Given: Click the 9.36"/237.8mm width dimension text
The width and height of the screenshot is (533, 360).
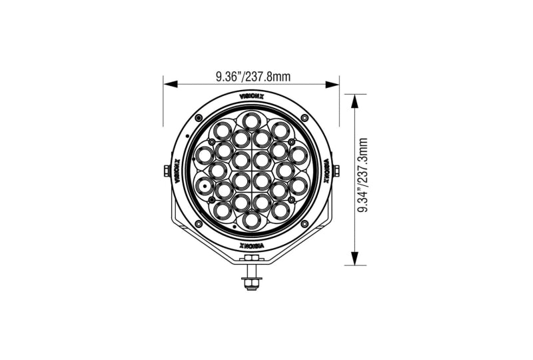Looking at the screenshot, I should pos(253,76).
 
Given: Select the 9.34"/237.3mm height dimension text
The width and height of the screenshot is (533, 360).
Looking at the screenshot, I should pos(363,176).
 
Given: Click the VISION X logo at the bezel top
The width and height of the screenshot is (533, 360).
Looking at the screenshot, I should pos(251,97).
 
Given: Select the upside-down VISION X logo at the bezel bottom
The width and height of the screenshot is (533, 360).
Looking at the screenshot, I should pos(251,246).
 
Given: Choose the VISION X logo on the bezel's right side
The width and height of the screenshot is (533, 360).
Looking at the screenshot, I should pos(327,171).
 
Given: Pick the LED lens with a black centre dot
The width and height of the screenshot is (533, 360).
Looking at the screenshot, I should pos(203,186).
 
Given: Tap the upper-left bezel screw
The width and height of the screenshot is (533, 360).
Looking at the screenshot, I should pos(198,118).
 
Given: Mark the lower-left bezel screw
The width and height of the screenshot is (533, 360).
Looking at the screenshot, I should pos(198,224).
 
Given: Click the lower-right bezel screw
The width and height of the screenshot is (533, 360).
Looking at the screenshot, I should pos(304,224).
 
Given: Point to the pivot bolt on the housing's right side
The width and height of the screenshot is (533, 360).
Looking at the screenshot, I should pos(338,171).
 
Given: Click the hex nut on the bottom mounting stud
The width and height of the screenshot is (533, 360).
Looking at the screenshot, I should pos(251,283).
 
